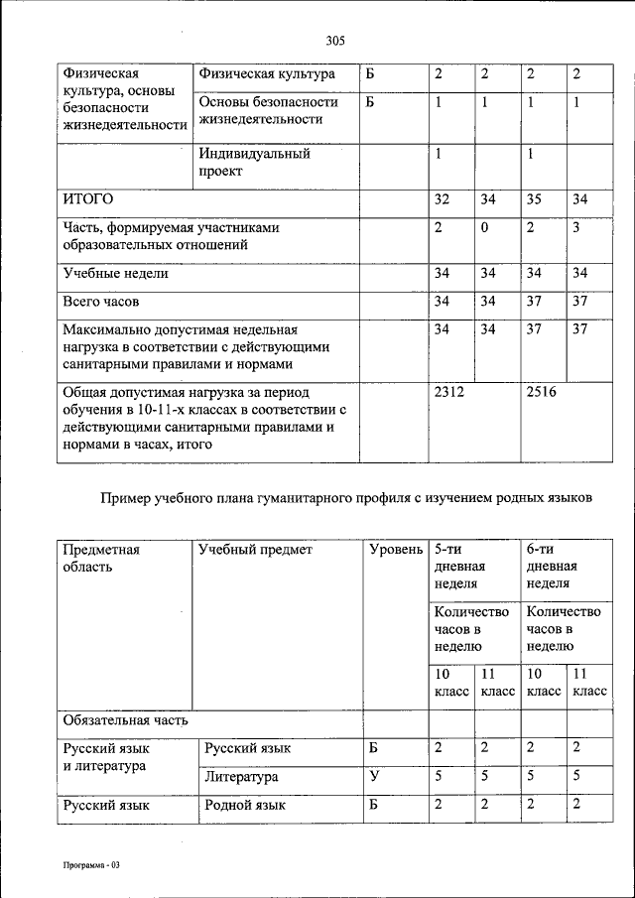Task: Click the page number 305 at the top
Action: tap(334, 41)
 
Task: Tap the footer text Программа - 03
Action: tap(87, 865)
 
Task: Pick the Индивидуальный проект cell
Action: tap(254, 163)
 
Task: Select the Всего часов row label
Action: tap(100, 301)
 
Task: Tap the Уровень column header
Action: tap(395, 549)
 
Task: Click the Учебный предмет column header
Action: tap(255, 549)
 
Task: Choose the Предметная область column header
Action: tap(100, 558)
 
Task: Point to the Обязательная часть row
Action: tap(124, 719)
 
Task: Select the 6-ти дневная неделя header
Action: tap(552, 566)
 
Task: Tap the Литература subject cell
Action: tap(241, 777)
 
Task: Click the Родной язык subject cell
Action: tap(244, 805)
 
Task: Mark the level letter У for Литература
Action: tap(372, 777)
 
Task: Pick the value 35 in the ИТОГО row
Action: tap(534, 199)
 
